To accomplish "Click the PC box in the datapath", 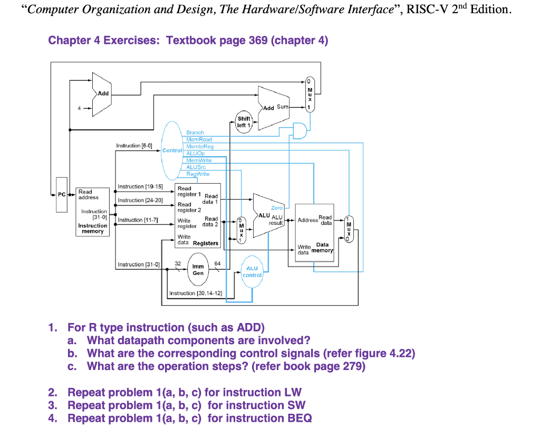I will click(x=62, y=195).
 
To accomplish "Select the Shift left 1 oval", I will click(x=244, y=122).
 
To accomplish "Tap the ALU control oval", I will click(x=252, y=271).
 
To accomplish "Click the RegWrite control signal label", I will click(x=198, y=174).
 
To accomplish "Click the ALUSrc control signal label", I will click(x=197, y=167).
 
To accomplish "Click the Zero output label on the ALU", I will click(x=277, y=208).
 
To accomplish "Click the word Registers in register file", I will click(x=206, y=243).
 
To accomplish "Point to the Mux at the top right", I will click(x=311, y=95).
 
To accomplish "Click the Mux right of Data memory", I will click(x=349, y=229).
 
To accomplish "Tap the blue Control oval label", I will click(x=172, y=150).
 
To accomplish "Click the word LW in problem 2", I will click(x=293, y=392).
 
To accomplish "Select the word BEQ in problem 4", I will click(x=298, y=419).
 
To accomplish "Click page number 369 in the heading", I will click(x=258, y=41).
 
